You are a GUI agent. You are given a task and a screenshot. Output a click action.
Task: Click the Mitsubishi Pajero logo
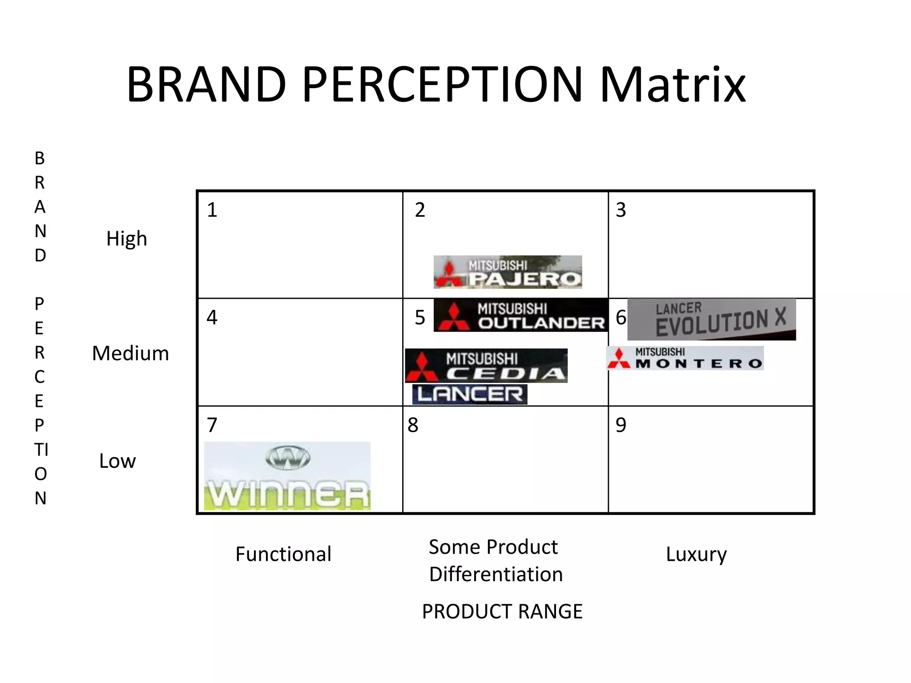[508, 272]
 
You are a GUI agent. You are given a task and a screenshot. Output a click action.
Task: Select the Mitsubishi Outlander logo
[520, 315]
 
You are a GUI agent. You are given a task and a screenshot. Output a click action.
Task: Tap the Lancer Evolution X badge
[711, 319]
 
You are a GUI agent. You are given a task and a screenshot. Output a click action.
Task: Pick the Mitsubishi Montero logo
[685, 358]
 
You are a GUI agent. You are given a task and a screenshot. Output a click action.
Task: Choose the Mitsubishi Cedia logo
[486, 366]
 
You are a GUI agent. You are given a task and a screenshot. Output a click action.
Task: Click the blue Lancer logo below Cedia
[470, 394]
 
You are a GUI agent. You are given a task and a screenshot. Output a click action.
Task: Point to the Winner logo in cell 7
[287, 476]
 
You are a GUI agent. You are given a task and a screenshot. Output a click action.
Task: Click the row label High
[126, 239]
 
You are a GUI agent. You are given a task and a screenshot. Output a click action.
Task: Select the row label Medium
[130, 354]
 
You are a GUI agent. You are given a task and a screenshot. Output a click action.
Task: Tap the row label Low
[117, 461]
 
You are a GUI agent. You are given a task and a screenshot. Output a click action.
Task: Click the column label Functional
[283, 554]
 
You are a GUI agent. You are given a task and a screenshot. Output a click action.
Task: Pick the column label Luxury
[696, 554]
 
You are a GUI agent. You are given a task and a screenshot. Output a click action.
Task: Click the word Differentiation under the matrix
[496, 574]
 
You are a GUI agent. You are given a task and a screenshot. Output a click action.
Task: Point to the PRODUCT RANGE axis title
[502, 611]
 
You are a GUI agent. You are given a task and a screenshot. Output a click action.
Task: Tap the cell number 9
[621, 425]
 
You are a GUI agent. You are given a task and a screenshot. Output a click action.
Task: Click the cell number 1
[212, 210]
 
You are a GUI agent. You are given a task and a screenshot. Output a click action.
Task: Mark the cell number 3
[621, 210]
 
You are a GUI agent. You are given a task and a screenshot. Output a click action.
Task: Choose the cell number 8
[413, 425]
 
